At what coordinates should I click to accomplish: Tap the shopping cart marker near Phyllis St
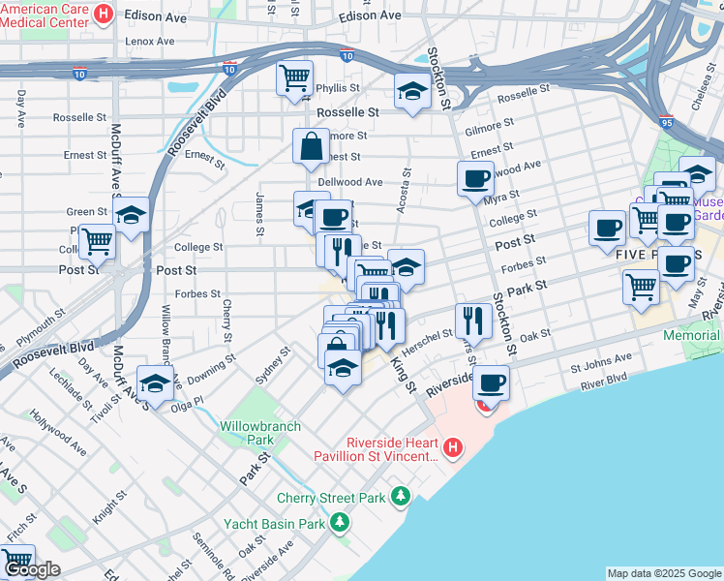point(295,77)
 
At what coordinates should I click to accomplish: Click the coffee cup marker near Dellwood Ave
point(475,178)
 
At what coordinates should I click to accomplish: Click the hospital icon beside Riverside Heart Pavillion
point(453,447)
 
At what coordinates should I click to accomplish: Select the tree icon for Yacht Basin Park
point(339,524)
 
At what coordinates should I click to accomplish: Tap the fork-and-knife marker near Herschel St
point(472,319)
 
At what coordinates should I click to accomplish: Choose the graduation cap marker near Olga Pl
point(155,382)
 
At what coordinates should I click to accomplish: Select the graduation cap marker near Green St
point(131,215)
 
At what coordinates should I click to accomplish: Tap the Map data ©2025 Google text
point(664,573)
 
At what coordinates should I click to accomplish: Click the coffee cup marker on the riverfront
point(492,383)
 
